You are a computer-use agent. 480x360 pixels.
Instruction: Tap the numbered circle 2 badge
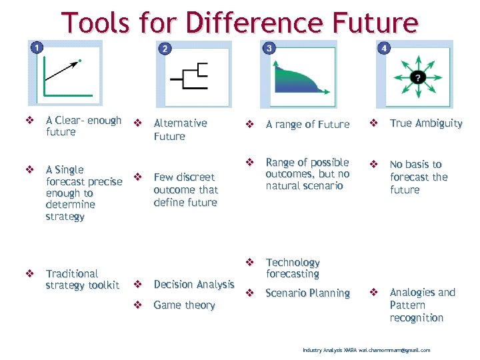pos(165,48)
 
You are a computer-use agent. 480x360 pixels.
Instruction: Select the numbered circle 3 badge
pos(269,48)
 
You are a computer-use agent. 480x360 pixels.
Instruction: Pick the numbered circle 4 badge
pos(384,48)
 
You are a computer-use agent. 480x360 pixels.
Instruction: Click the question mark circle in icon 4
pos(417,77)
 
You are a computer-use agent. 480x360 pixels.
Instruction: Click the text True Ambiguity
pos(425,123)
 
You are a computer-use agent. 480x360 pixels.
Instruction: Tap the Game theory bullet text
pos(184,305)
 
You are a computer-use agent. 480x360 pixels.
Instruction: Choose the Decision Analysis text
pos(193,285)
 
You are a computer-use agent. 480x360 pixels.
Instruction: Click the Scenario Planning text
pos(307,293)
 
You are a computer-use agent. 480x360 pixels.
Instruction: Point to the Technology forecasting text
pos(293,268)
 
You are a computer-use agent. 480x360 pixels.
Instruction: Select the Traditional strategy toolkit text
pos(82,279)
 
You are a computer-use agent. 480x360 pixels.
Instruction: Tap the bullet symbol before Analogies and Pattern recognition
pos(374,292)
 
